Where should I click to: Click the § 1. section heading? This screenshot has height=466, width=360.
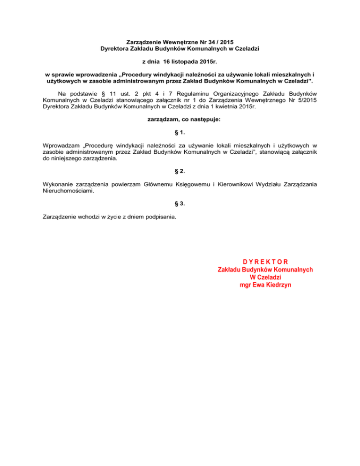point(180,133)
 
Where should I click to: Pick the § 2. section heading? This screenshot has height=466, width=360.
point(180,172)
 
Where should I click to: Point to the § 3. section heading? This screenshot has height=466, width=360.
point(180,204)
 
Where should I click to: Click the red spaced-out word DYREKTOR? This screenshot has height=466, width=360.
point(265,262)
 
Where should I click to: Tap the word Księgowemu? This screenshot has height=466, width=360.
point(191,184)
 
